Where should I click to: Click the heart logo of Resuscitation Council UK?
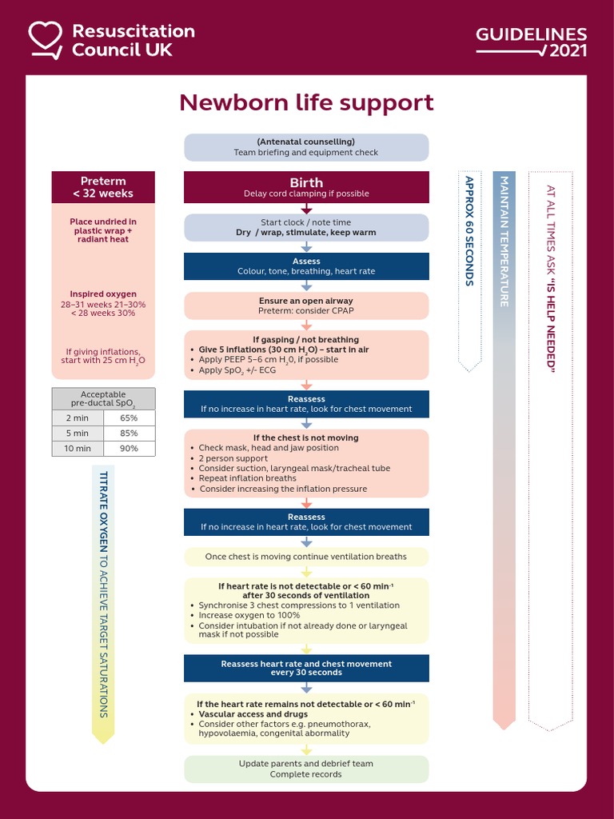tap(45, 40)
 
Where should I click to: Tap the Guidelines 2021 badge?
tap(532, 42)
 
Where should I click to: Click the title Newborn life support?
tap(306, 102)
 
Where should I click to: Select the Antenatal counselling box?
tap(306, 147)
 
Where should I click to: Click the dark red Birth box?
tap(306, 187)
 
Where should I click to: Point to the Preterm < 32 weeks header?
tap(103, 187)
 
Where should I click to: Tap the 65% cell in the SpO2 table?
tap(129, 417)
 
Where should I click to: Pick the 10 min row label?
tap(78, 449)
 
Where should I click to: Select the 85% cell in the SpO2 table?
tap(129, 433)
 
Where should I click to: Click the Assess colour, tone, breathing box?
tap(306, 266)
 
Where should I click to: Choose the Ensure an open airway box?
tap(306, 306)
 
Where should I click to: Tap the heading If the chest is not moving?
tap(306, 438)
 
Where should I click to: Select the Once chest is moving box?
tap(306, 557)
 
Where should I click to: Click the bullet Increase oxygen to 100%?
tap(249, 616)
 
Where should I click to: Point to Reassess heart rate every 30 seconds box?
tap(306, 668)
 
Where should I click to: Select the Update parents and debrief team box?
tap(306, 769)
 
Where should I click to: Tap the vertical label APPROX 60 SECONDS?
tap(469, 232)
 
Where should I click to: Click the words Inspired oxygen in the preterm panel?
tap(103, 294)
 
